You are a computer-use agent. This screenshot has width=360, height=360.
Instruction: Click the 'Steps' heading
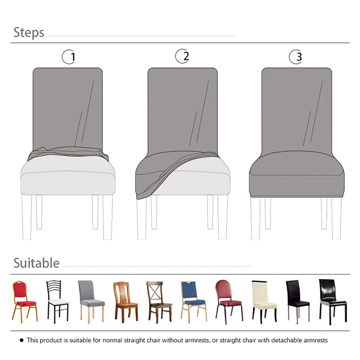click(28, 33)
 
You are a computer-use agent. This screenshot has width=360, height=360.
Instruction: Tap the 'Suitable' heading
click(36, 263)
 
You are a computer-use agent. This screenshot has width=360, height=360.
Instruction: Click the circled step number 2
click(183, 56)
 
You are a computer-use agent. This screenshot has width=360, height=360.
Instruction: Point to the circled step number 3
click(296, 57)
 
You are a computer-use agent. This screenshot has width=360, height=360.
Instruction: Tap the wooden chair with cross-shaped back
click(159, 301)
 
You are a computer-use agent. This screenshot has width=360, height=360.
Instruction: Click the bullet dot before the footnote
click(21, 340)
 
